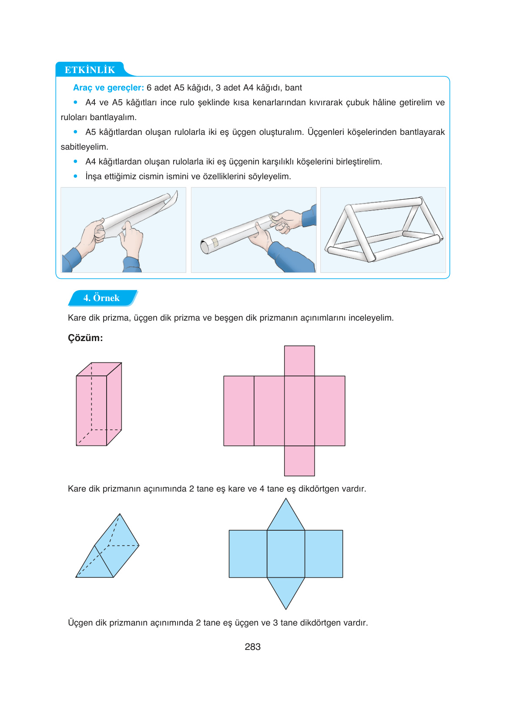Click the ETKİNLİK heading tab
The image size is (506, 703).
pyautogui.click(x=90, y=70)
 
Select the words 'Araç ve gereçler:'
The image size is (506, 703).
pyautogui.click(x=108, y=87)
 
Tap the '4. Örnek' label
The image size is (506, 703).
pyautogui.click(x=101, y=298)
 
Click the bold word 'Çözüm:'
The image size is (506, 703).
pyautogui.click(x=85, y=338)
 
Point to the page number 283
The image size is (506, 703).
pyautogui.click(x=252, y=647)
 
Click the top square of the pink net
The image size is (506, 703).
pyautogui.click(x=299, y=361)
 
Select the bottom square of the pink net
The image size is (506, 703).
pyautogui.click(x=299, y=461)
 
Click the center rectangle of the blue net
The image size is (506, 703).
pyautogui.click(x=286, y=554)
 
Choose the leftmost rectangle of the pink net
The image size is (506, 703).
pyautogui.click(x=238, y=411)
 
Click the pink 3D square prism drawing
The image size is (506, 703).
pyautogui.click(x=99, y=405)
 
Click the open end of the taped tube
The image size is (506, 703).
pyautogui.click(x=204, y=247)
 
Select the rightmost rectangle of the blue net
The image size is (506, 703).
pyautogui.click(x=324, y=554)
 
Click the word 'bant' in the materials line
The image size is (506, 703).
pyautogui.click(x=293, y=87)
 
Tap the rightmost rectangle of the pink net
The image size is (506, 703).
pyautogui.click(x=330, y=411)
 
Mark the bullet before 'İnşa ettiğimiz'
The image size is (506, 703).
pyautogui.click(x=76, y=176)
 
